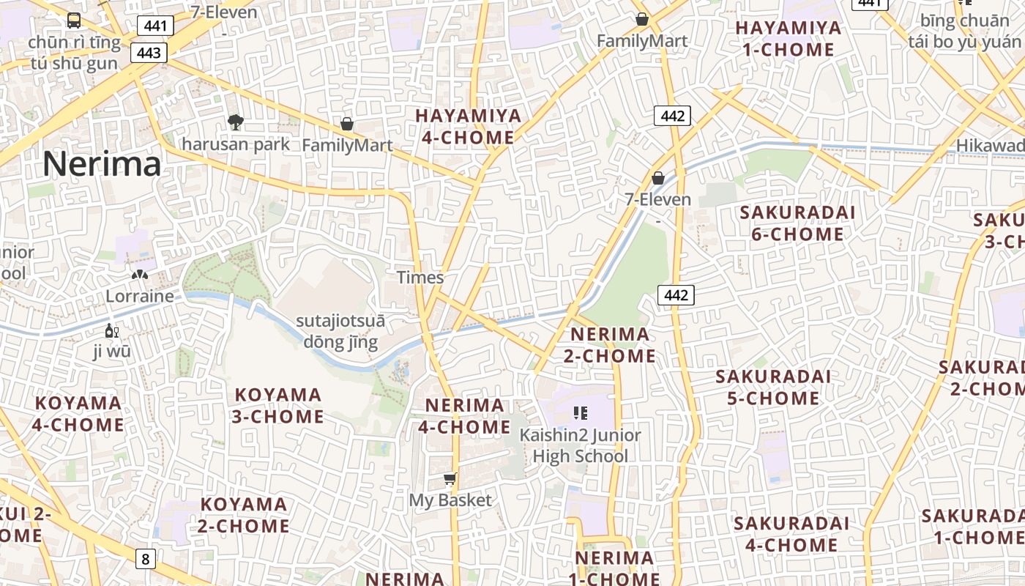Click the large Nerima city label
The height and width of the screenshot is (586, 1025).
click(x=102, y=164)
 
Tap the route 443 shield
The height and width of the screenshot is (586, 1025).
click(x=149, y=53)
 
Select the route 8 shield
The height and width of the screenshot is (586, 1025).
click(x=145, y=560)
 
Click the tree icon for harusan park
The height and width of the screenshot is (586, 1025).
click(x=235, y=122)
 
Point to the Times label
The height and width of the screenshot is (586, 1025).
click(x=420, y=278)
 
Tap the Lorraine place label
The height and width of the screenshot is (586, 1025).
click(x=140, y=296)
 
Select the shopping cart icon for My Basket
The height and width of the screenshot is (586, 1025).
click(x=450, y=479)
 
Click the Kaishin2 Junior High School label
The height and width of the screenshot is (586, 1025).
click(x=580, y=445)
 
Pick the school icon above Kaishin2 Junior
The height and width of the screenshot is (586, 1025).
click(x=581, y=413)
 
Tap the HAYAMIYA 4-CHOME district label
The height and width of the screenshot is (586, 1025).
click(x=469, y=127)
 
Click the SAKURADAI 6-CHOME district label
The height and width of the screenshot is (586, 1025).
click(x=797, y=223)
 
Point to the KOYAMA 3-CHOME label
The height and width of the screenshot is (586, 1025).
click(x=278, y=406)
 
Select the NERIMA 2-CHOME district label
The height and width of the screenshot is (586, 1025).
click(x=609, y=345)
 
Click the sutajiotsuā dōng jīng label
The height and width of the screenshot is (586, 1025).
click(x=340, y=332)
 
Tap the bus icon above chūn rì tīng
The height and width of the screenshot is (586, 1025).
click(x=74, y=21)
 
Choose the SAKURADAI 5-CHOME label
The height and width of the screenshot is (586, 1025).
click(x=773, y=387)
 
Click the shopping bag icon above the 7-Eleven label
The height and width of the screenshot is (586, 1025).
click(x=658, y=178)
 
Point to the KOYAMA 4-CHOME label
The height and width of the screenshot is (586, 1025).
click(x=78, y=414)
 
